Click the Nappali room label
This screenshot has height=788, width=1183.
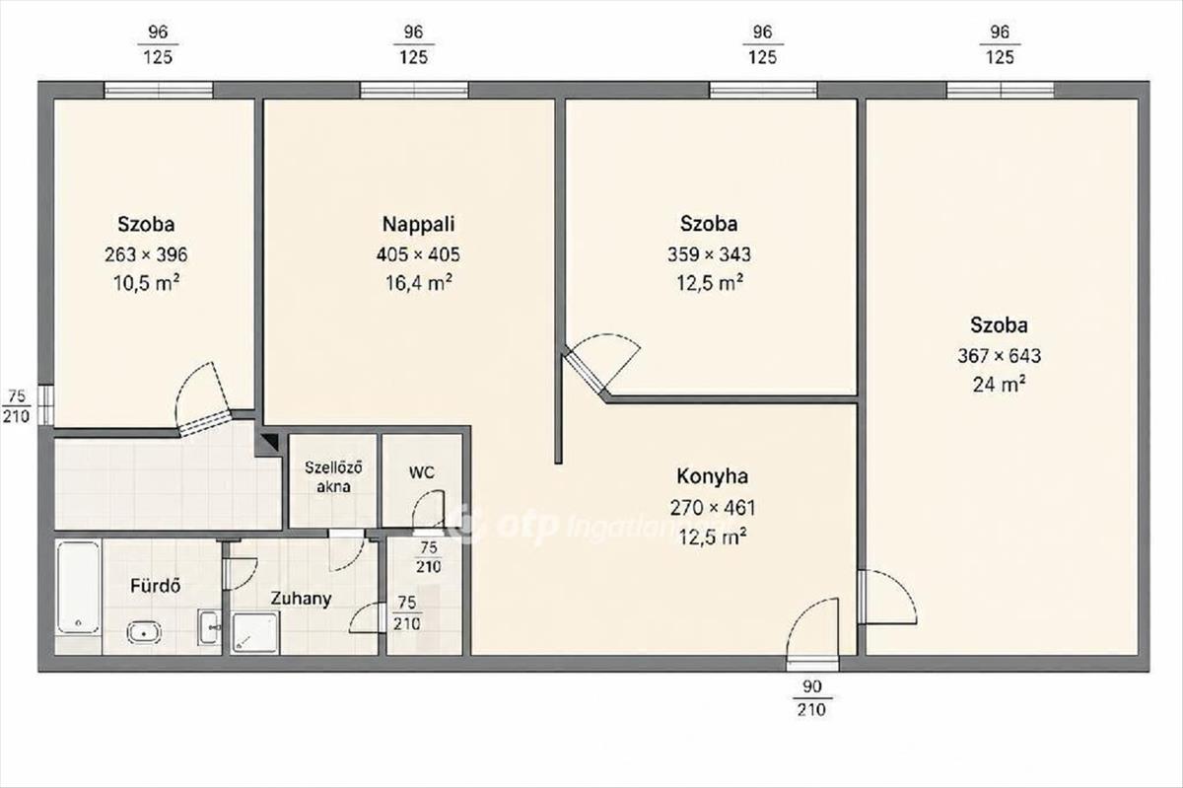click(x=418, y=224)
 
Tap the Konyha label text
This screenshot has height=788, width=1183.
click(x=713, y=476)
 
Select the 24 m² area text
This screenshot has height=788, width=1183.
click(x=1000, y=385)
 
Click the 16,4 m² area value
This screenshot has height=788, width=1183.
click(x=418, y=283)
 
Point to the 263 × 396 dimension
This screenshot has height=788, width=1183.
click(x=146, y=254)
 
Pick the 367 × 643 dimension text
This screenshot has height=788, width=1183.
click(x=1000, y=356)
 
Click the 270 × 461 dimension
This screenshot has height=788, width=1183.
click(x=713, y=508)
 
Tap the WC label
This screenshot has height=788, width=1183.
click(x=422, y=472)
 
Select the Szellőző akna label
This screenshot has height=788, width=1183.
click(x=333, y=476)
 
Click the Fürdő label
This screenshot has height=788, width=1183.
click(x=156, y=586)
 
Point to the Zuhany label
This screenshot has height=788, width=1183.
click(x=301, y=599)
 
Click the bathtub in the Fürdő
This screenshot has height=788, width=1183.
click(x=78, y=587)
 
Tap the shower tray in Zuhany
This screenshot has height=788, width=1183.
click(x=254, y=632)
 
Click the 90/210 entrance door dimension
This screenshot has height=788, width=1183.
click(x=811, y=698)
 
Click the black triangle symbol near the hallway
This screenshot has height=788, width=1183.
click(x=271, y=441)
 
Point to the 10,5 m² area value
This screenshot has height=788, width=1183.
click(x=146, y=283)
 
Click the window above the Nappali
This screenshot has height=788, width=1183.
click(x=414, y=90)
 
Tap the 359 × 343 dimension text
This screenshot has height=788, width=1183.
click(x=709, y=254)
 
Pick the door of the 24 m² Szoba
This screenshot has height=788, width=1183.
click(x=887, y=598)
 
